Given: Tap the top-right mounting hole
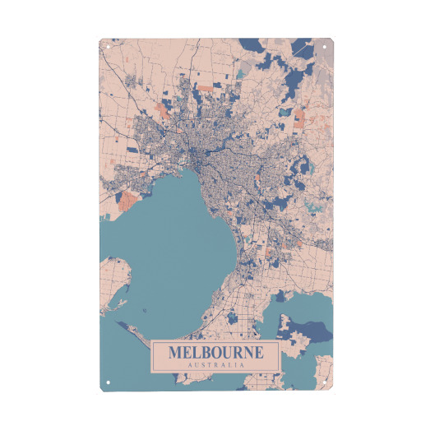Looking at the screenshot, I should pos(326,46).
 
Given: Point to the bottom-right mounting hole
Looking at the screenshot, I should pos(326,381).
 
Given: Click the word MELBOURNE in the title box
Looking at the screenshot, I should pos(215,353).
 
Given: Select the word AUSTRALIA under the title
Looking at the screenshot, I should pos(215,364).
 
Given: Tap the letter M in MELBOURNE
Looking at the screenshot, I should pos(175,353).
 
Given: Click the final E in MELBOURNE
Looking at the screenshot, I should pos(258,353).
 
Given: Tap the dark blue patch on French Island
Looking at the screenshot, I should pos(312,329).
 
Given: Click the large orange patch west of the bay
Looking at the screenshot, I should pos(129,198).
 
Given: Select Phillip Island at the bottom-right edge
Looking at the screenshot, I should pos(317,370).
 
